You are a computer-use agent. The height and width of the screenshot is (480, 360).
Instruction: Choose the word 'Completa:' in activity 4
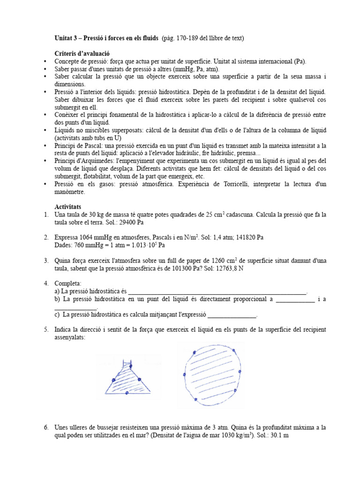coord(68,284)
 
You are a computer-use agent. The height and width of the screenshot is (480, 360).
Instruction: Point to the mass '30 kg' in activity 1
coord(95,214)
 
